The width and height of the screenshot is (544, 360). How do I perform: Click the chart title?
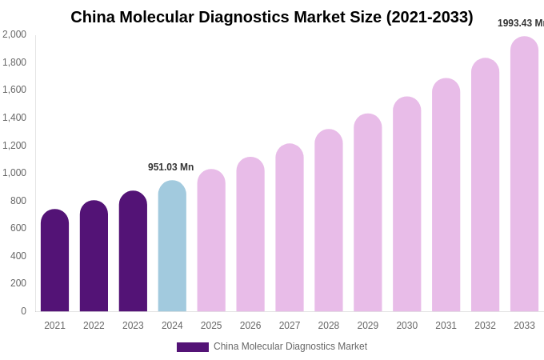(271, 17)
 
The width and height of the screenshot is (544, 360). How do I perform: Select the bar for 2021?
(54, 261)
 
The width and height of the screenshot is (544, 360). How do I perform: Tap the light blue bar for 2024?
(172, 246)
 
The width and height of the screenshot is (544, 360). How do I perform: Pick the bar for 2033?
(524, 174)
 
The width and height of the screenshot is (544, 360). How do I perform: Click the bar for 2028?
(328, 221)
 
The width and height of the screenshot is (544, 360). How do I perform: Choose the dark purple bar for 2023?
(133, 251)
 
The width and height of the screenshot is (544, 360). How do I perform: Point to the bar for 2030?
(406, 205)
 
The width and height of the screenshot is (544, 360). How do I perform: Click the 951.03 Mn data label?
(170, 167)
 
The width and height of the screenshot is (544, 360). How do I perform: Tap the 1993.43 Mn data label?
(520, 23)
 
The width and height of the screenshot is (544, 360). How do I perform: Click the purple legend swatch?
(192, 347)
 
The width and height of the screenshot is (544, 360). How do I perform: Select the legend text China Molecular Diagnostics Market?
(290, 346)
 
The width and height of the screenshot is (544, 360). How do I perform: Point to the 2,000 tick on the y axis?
(14, 34)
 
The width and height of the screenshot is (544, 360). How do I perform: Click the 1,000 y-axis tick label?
(14, 173)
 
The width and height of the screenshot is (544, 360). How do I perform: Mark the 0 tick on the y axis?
(23, 311)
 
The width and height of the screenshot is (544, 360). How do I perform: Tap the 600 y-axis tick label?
(18, 228)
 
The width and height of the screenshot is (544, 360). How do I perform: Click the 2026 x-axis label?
(250, 326)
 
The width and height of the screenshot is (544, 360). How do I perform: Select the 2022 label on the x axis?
(94, 326)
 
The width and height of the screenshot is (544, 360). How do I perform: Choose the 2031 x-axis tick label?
(446, 326)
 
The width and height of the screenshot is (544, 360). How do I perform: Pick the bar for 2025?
(211, 241)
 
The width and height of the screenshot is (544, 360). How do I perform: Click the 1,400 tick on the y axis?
(14, 118)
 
